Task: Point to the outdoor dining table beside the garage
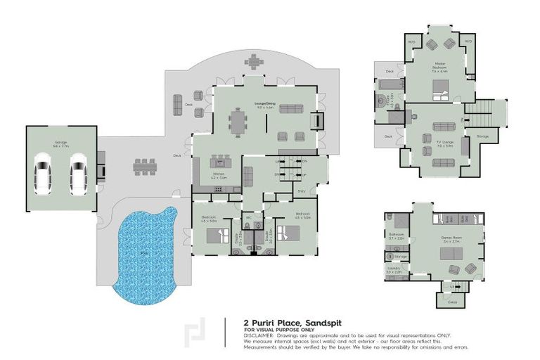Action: pos(146,167)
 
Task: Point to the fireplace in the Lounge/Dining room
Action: pos(319,120)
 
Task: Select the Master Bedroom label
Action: pos(440,67)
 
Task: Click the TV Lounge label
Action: pos(444,145)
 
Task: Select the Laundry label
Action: pos(394,269)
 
